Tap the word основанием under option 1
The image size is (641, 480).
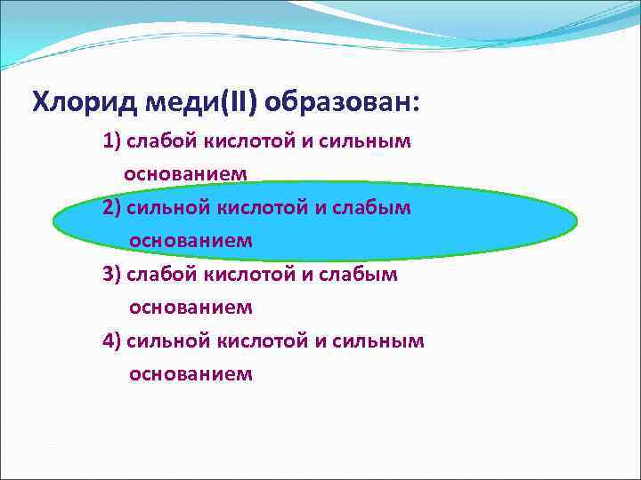point(185,174)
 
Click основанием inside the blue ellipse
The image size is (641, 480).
point(191,241)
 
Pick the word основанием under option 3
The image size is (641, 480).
point(191,308)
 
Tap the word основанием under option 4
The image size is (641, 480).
point(191,374)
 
